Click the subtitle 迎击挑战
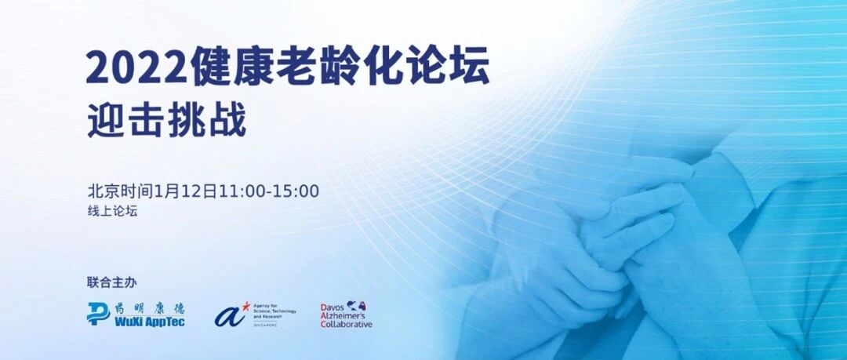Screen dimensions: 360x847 166,122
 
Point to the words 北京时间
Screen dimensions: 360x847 120,191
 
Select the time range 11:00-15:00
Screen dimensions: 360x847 267,191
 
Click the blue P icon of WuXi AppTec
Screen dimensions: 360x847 98,314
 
